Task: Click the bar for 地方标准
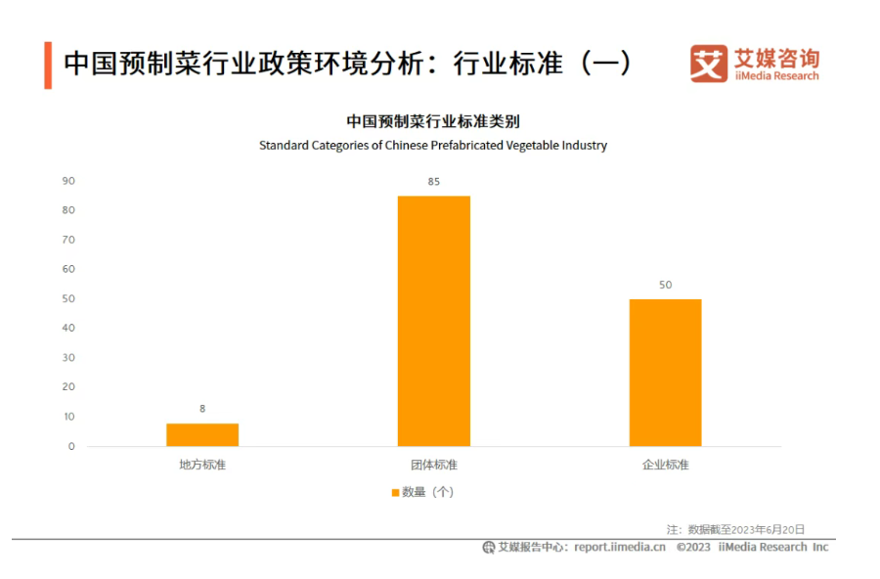tap(202, 434)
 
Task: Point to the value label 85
tap(433, 182)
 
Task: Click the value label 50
tap(665, 285)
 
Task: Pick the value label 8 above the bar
tap(202, 409)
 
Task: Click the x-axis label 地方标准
tap(202, 465)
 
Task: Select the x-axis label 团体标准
tap(433, 465)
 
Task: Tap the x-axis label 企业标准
tap(665, 465)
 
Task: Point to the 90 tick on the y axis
tap(68, 181)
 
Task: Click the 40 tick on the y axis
tap(68, 328)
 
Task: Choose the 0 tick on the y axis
tap(71, 446)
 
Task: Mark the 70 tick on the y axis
tap(68, 240)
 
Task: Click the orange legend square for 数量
tap(395, 492)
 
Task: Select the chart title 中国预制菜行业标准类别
tap(432, 121)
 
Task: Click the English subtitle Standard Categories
tap(432, 146)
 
